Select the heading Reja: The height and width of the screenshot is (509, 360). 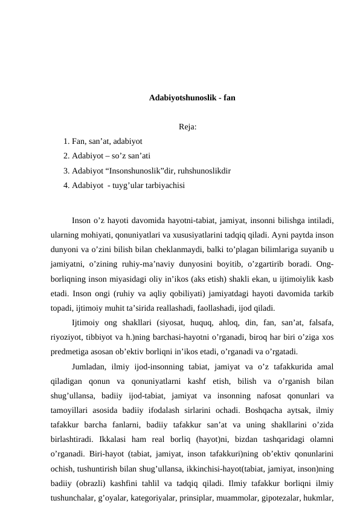pyautogui.click(x=188, y=127)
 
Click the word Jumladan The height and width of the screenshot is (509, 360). pyautogui.click(x=89, y=367)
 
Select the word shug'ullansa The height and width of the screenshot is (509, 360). pyautogui.click(x=73, y=396)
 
